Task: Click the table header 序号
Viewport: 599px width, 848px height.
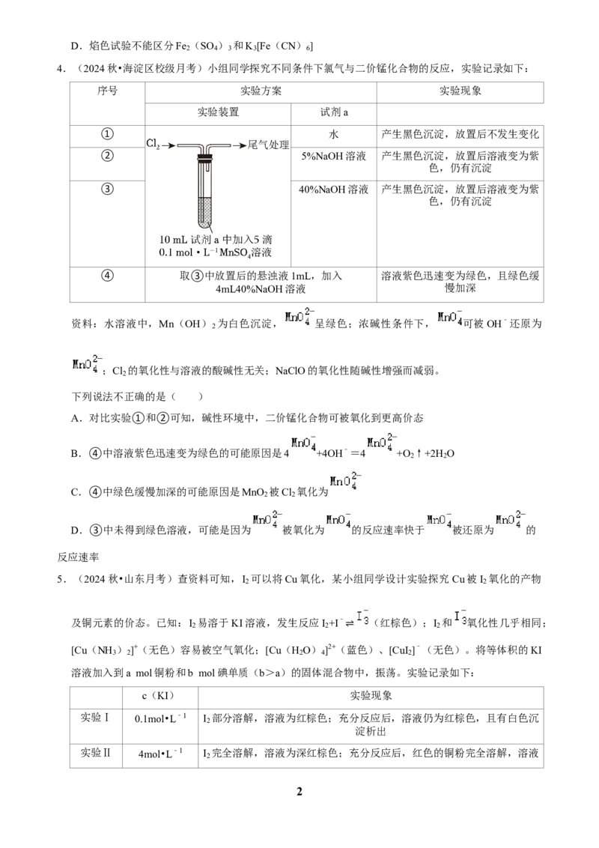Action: [x=107, y=91]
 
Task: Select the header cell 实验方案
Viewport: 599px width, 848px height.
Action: [x=261, y=91]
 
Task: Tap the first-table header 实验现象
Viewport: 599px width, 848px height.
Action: [x=460, y=91]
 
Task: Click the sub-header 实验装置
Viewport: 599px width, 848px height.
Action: [x=218, y=112]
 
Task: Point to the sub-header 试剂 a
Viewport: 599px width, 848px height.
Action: [x=334, y=112]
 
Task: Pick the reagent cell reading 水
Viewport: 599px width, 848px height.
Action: [x=333, y=135]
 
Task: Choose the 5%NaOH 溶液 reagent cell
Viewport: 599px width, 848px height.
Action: [x=333, y=157]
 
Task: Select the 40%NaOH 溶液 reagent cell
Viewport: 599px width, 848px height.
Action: [x=333, y=190]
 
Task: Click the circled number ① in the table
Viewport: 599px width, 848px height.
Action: [x=107, y=134]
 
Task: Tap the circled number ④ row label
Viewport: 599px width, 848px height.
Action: [x=107, y=275]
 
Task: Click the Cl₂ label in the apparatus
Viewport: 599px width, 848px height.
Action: [x=153, y=143]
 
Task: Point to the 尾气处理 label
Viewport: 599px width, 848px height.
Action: [x=268, y=145]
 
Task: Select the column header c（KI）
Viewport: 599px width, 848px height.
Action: [x=160, y=696]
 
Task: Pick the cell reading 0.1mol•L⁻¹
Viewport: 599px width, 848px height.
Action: [x=160, y=718]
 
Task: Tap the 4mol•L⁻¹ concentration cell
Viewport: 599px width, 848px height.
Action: [x=160, y=754]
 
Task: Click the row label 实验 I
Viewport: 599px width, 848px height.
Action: [x=95, y=718]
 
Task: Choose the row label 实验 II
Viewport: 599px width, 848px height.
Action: [x=95, y=753]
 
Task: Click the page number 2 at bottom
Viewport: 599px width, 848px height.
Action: [x=299, y=791]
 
